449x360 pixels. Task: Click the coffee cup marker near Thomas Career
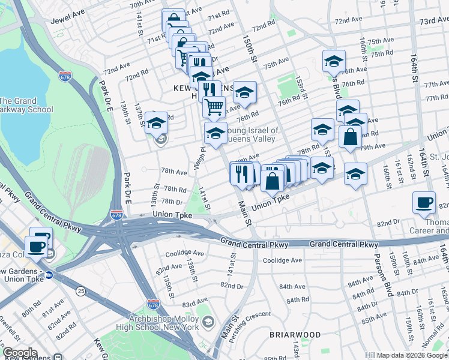point(424,203)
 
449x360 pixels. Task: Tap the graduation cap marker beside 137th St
point(156,123)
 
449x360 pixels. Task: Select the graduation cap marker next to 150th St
point(244,93)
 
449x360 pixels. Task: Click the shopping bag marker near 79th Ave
point(350,137)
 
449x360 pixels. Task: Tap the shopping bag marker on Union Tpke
point(273,180)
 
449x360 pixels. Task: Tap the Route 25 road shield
point(80,291)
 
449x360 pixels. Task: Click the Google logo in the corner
point(20,353)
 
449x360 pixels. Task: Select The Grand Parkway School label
point(26,105)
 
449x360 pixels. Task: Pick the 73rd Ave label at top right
point(434,20)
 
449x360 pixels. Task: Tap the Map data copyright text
point(412,355)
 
